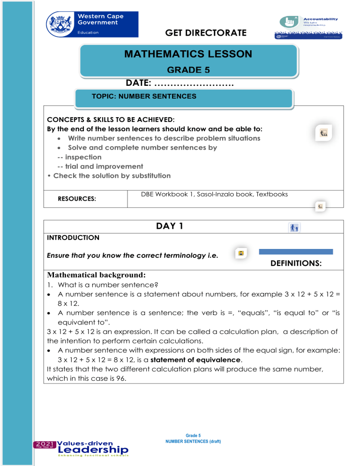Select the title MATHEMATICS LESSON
(x=188, y=54)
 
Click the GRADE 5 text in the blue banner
(x=188, y=70)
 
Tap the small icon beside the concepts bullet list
(x=323, y=133)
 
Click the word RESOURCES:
(x=77, y=199)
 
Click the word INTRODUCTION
(x=73, y=238)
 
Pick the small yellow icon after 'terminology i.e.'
(x=241, y=254)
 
